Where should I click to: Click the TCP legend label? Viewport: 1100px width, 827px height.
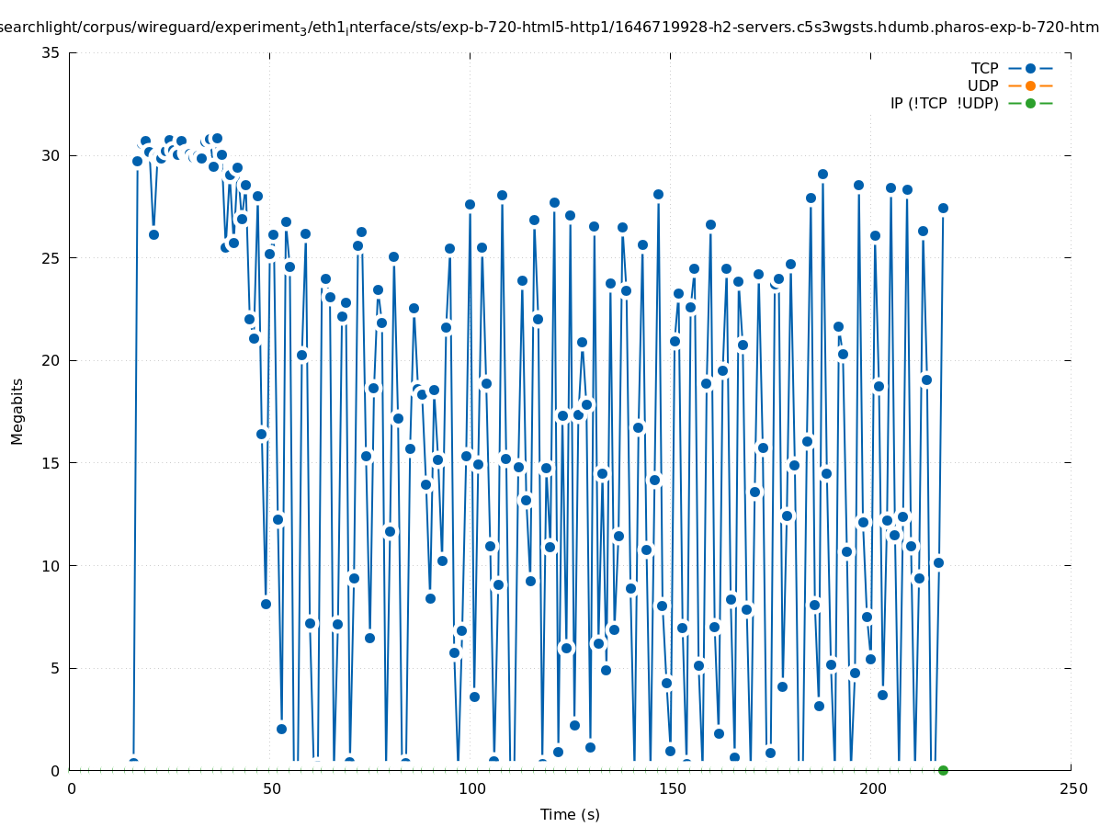(984, 68)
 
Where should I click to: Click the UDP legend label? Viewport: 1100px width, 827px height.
(983, 85)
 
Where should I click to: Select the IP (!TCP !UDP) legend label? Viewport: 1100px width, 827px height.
(944, 103)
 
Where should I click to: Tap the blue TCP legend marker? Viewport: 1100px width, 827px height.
(1030, 68)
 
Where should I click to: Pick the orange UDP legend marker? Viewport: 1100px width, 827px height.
(1030, 85)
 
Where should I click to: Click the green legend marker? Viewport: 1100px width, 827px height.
(1030, 103)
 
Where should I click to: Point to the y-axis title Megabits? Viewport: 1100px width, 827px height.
(17, 411)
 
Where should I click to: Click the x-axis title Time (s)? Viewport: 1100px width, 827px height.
(570, 814)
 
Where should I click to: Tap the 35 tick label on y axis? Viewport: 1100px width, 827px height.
(51, 52)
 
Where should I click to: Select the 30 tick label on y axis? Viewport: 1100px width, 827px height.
(51, 155)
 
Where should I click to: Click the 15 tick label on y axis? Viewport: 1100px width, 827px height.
(51, 463)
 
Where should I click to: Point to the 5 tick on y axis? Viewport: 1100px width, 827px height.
(56, 668)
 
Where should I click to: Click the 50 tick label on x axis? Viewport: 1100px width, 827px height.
(271, 789)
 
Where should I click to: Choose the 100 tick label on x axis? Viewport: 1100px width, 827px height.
(471, 789)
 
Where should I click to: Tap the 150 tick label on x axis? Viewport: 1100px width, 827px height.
(672, 789)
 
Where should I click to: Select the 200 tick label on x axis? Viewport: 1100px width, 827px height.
(872, 789)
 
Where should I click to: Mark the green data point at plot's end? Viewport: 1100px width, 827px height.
(943, 770)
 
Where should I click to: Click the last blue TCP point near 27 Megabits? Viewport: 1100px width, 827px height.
(943, 208)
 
